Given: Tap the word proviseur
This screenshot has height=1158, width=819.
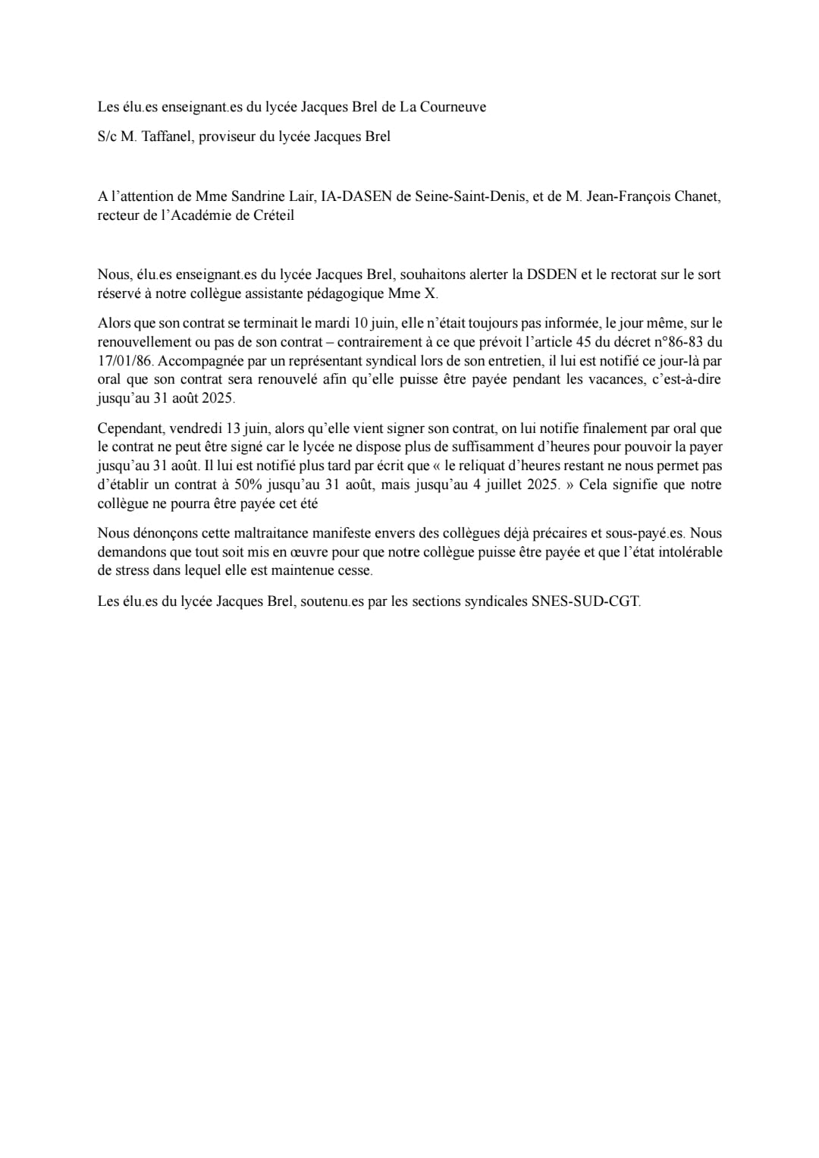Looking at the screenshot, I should [227, 137].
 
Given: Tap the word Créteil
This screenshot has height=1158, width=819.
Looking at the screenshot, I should [271, 215].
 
